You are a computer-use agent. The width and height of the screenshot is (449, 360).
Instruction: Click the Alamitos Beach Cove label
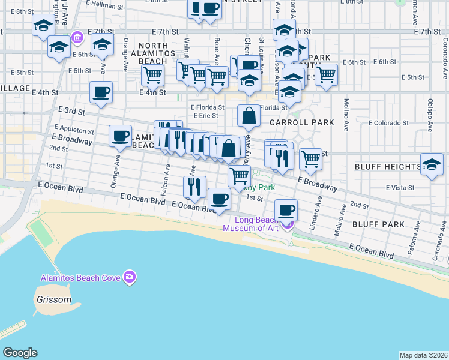(80, 277)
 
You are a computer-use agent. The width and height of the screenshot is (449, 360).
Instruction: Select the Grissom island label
(52, 299)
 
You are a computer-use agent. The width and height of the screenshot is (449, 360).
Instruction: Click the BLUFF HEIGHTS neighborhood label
(388, 166)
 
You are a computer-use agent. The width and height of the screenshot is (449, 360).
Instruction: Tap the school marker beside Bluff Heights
(432, 165)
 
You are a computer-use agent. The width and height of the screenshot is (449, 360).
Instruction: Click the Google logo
(20, 353)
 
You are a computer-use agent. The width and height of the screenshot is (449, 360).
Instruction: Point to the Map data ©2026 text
(423, 355)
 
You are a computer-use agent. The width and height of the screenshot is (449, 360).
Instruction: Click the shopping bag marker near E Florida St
(249, 115)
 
